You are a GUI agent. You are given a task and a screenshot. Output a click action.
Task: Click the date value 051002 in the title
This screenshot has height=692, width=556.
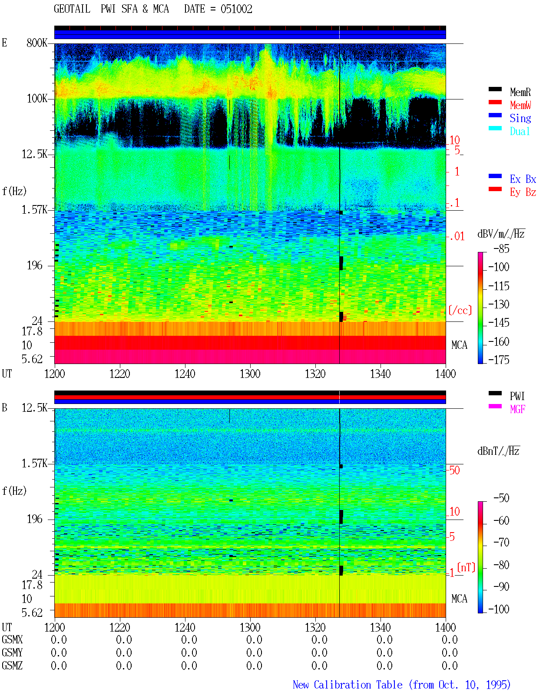[x=236, y=9]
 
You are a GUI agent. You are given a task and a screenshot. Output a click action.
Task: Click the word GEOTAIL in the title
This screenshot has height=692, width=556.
[x=72, y=9]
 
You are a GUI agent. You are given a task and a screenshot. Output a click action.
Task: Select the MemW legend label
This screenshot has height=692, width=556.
[x=520, y=105]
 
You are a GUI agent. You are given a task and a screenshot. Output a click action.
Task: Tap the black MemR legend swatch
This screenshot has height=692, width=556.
[x=495, y=89]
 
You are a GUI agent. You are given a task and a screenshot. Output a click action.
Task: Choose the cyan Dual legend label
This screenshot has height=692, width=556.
[x=520, y=131]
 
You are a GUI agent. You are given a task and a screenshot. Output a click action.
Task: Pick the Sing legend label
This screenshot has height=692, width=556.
[x=520, y=118]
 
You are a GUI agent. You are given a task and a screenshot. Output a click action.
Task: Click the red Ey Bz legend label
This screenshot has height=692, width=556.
[x=523, y=192]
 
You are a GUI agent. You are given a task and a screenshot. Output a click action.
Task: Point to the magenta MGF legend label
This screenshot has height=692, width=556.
[x=517, y=409]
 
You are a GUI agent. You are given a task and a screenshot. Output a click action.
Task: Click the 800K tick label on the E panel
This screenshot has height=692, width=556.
[x=37, y=43]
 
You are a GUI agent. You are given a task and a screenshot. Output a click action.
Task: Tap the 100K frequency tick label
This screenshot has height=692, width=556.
[x=37, y=99]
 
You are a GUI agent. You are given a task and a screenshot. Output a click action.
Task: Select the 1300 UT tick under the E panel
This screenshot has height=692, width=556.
[x=250, y=374]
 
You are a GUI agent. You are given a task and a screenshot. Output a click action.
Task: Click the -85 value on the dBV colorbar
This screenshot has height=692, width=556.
[x=501, y=248]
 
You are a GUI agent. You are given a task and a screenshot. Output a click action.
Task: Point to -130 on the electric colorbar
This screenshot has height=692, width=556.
[x=499, y=304]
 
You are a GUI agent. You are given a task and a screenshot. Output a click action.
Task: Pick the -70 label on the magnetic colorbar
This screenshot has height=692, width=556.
[x=501, y=542]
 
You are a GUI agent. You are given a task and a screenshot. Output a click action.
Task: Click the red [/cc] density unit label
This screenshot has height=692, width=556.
[x=460, y=310]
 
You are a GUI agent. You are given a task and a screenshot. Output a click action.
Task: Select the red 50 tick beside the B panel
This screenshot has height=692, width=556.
[x=454, y=470]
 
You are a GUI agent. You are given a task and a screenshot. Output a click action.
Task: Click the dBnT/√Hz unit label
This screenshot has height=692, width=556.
[x=499, y=451]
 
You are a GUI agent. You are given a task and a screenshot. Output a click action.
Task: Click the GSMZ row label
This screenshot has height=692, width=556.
[x=12, y=666]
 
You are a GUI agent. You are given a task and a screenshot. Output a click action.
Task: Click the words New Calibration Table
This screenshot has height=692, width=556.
[x=347, y=685]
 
